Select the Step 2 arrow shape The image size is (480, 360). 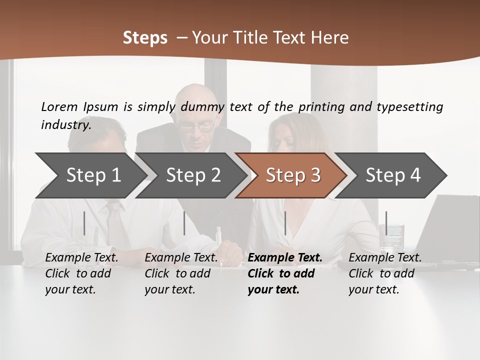coord(193,175)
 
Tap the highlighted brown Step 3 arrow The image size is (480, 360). coord(293,175)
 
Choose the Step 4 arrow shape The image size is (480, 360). coord(393,175)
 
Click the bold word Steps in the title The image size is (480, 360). coord(145,37)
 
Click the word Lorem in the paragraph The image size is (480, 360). coord(59,106)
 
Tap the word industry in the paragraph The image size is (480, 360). coord(65,125)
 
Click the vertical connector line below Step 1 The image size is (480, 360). coord(84,223)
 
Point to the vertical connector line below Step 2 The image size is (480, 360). coord(184,223)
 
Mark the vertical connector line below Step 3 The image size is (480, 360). coord(285,223)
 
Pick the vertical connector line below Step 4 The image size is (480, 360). coord(386,223)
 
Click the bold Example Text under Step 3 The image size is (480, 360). coord(285,258)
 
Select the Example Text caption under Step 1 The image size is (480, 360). coord(81,258)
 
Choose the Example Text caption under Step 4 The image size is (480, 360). coord(385,258)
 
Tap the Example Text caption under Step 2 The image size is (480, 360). coord(181,258)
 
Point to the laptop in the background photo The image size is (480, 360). coord(452,225)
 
